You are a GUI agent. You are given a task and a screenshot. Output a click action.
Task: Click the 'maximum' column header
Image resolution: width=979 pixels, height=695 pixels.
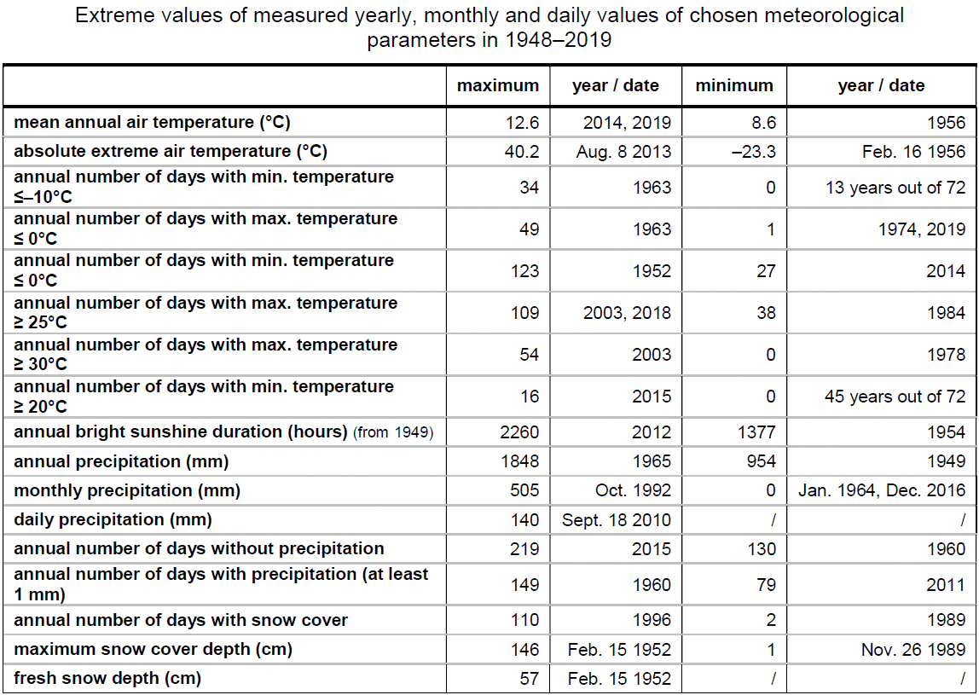[x=498, y=85]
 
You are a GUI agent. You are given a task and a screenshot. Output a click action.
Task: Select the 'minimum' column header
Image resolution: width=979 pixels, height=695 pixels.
[x=734, y=85]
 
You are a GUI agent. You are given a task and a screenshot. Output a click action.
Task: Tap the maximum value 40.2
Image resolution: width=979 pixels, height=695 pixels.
[x=522, y=152]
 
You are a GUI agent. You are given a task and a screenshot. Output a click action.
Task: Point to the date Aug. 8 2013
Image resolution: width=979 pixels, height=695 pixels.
[x=623, y=152]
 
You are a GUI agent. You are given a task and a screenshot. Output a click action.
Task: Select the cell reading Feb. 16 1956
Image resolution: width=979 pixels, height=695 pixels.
[x=914, y=152]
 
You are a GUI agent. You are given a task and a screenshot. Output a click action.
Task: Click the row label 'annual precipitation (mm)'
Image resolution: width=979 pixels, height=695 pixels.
[x=121, y=461]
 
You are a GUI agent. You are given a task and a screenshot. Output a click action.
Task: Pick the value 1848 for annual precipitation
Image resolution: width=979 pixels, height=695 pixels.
[x=519, y=461]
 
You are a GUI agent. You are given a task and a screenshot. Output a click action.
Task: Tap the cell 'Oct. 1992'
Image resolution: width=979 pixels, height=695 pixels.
[x=633, y=490]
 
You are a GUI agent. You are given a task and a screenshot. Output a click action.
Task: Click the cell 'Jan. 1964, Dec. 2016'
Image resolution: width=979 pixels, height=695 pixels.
[x=882, y=490]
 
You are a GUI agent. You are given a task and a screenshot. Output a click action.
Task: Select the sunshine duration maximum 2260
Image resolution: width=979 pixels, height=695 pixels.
[x=519, y=432]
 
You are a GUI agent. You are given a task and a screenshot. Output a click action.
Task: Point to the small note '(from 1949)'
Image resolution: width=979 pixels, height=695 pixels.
[x=393, y=432]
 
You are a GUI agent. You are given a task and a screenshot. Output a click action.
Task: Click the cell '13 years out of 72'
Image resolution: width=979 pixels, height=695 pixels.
[x=895, y=188]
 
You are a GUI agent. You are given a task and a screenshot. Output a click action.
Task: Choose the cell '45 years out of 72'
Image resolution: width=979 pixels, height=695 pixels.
[x=895, y=397]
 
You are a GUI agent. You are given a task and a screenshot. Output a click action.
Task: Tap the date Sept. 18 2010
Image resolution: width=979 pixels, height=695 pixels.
[x=617, y=519]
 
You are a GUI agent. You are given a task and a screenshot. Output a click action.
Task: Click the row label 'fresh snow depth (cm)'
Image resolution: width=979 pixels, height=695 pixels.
[x=107, y=678]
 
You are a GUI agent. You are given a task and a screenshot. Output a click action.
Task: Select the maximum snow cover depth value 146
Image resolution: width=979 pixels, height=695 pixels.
[x=524, y=650]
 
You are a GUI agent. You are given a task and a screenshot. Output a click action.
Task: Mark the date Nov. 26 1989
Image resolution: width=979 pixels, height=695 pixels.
[x=913, y=650]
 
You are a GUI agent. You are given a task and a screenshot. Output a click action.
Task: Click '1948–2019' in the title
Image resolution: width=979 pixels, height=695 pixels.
[x=559, y=40]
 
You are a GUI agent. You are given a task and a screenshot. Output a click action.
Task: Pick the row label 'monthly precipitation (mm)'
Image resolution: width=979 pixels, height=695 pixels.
[x=127, y=491]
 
